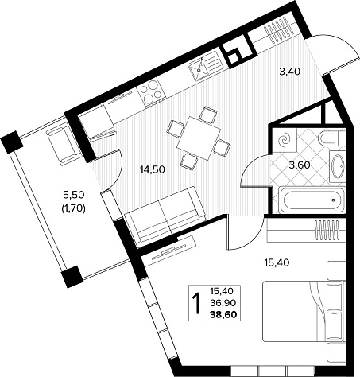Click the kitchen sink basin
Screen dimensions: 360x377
click(x=199, y=69)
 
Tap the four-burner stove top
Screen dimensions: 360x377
click(x=151, y=93)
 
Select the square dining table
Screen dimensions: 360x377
click(x=199, y=139)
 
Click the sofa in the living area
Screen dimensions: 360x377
click(x=165, y=216)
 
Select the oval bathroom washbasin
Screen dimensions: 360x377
click(x=338, y=166)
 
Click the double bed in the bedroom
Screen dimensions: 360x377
click(x=304, y=311)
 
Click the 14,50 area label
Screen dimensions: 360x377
click(x=152, y=169)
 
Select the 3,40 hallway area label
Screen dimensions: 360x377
click(x=290, y=71)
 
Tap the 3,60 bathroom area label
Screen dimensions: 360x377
click(x=300, y=165)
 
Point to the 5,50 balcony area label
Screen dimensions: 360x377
click(x=73, y=195)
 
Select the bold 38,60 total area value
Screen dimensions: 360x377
click(x=223, y=314)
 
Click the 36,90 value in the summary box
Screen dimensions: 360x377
click(x=223, y=302)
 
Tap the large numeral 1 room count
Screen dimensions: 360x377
click(x=197, y=303)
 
